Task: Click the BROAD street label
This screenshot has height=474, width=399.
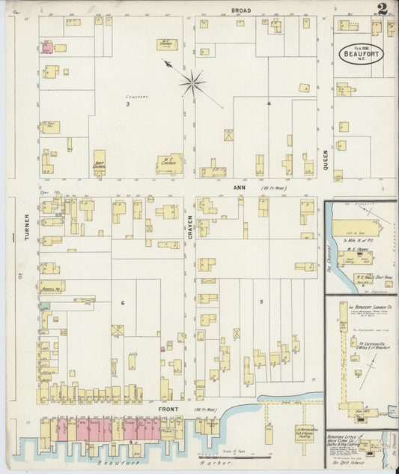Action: (x=241, y=10)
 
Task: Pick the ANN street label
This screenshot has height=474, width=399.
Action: (x=240, y=187)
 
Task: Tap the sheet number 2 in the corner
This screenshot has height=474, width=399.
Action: (x=383, y=10)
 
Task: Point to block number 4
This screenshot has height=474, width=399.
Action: (x=268, y=103)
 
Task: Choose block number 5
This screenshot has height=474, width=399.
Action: (x=261, y=301)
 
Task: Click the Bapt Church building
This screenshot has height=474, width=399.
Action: (x=99, y=163)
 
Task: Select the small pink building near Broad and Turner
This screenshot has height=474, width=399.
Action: (x=47, y=47)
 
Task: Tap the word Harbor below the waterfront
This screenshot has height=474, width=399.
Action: (x=171, y=466)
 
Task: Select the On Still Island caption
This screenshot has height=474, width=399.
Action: (x=346, y=463)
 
